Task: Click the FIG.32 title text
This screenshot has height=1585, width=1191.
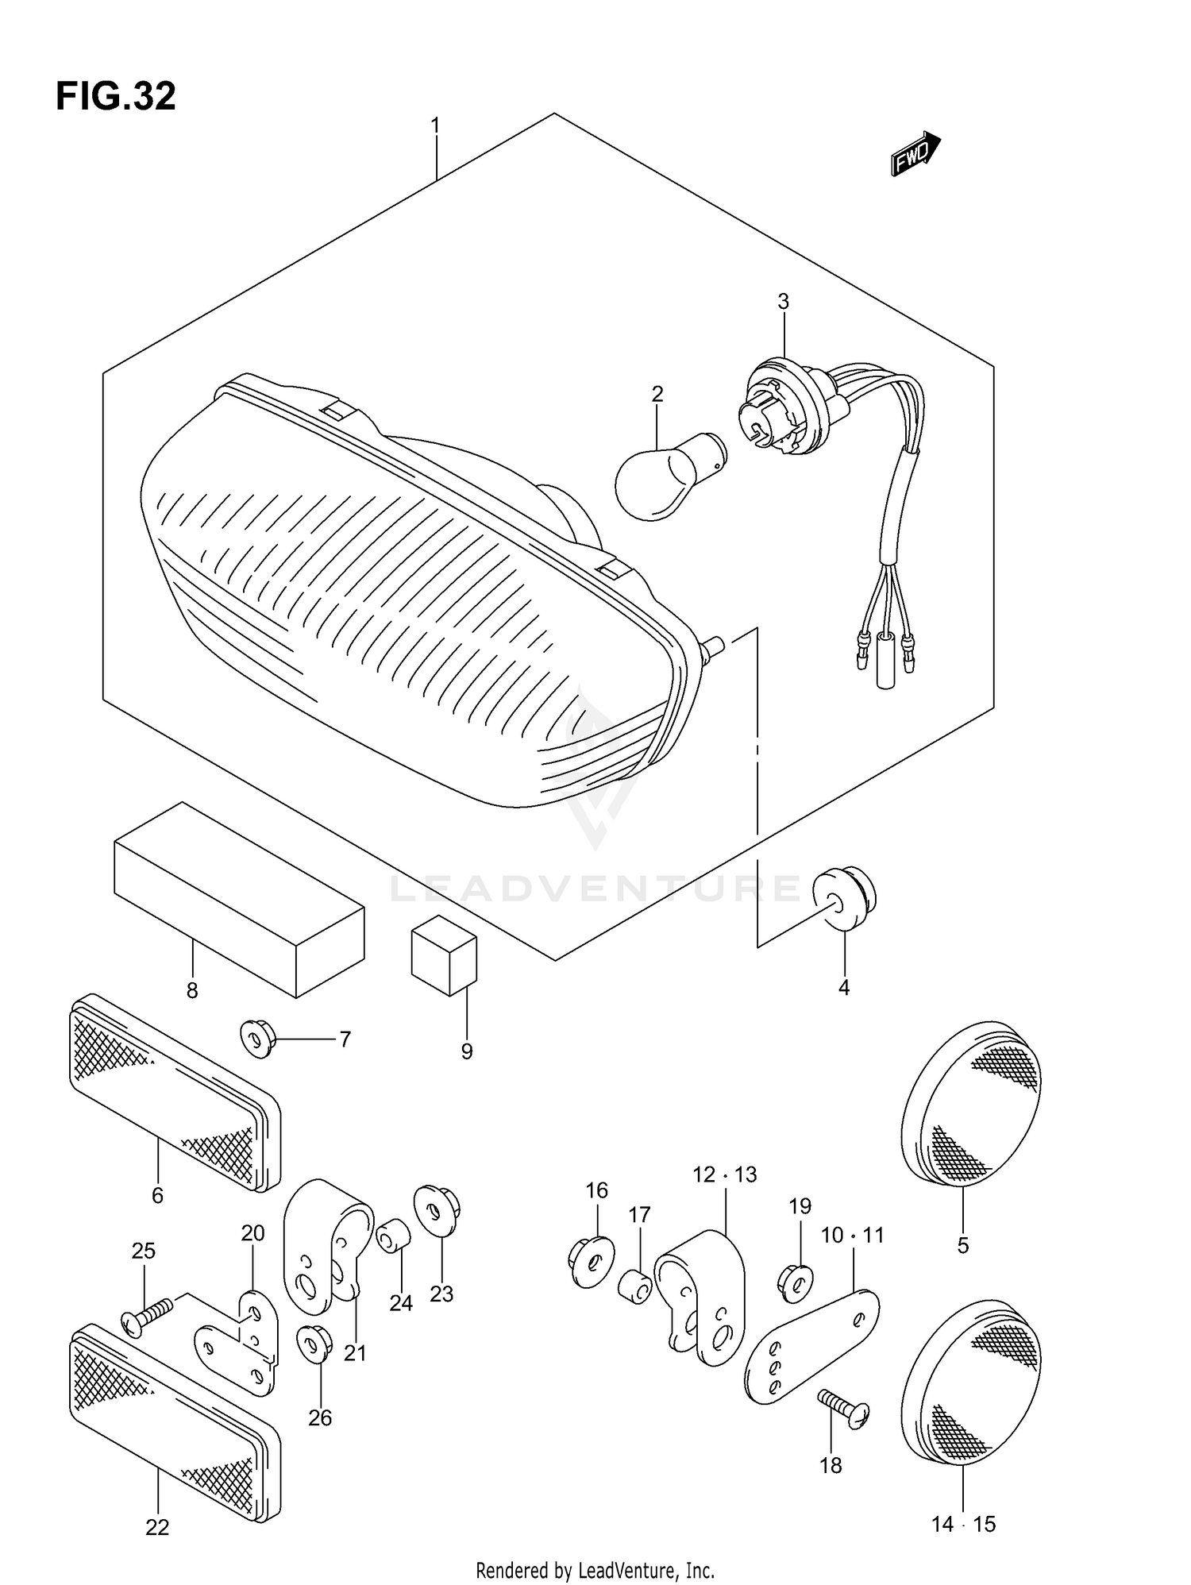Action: point(116,96)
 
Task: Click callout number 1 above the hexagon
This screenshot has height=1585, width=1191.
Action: point(435,125)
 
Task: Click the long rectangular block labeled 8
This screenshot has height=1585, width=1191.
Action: point(238,899)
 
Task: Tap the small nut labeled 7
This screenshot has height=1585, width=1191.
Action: point(256,1039)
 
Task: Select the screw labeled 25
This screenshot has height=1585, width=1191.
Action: point(147,1319)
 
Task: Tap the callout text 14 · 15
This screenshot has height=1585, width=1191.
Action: point(963,1524)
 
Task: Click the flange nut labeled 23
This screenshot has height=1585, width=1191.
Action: point(437,1212)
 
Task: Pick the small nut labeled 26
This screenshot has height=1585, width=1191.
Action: point(313,1343)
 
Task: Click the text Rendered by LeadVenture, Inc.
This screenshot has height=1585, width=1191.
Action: point(595,1570)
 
